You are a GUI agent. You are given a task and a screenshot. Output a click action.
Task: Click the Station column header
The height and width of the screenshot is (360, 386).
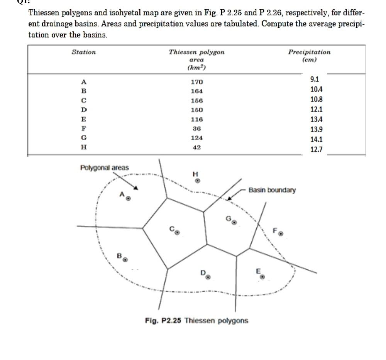pos(84,52)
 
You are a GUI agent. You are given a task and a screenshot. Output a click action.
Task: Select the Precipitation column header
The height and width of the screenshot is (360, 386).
pos(309,52)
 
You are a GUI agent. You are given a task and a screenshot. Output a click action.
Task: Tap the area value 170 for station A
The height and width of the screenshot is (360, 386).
pos(196,82)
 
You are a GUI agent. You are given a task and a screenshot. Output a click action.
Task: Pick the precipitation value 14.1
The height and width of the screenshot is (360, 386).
pos(317,140)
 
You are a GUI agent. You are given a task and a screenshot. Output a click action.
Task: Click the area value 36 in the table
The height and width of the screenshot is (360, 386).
pos(196,128)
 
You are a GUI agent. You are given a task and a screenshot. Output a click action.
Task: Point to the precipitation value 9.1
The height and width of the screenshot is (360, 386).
pos(315,79)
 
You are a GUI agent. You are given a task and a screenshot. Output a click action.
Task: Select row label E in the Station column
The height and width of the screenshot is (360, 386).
pos(83,119)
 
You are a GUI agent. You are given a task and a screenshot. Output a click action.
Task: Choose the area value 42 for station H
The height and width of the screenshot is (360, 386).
pos(196,147)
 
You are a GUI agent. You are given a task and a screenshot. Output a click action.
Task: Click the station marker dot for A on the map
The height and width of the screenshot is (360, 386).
pos(129,199)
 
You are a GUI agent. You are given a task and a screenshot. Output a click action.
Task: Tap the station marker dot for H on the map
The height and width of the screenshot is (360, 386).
pos(197,180)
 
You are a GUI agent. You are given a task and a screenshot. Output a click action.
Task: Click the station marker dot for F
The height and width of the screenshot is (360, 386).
pos(281,234)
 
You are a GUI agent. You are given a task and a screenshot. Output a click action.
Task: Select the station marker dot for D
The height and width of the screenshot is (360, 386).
pos(208,277)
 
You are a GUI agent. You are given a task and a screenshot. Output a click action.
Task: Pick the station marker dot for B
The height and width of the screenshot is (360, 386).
pos(125,259)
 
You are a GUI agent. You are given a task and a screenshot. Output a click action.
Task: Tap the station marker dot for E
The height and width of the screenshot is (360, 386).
pos(262,277)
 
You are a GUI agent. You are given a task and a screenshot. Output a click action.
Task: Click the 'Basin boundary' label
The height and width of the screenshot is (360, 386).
pos(272,190)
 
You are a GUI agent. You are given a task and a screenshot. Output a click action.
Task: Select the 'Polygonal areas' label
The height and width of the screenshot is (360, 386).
pos(104,168)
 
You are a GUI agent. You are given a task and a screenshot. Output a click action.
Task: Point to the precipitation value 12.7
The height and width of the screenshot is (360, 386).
pos(317,149)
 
